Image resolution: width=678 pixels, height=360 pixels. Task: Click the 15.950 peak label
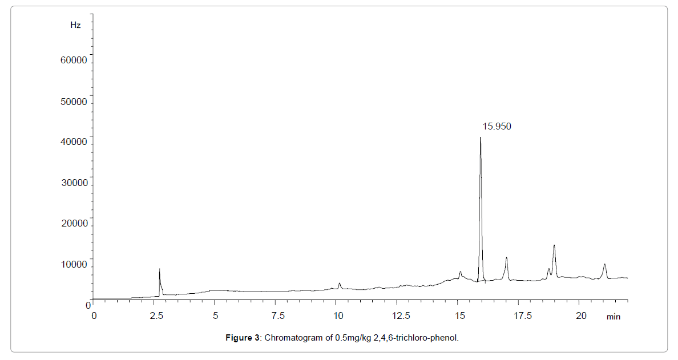click(x=497, y=127)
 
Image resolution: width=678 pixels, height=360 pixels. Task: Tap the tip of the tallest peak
click(x=481, y=137)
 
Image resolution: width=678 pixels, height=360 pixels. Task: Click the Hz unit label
click(x=75, y=25)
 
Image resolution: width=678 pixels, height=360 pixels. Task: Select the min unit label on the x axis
click(x=614, y=317)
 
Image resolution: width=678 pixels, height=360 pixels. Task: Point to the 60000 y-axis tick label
click(x=74, y=60)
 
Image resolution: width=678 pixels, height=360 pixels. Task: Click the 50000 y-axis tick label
click(x=74, y=102)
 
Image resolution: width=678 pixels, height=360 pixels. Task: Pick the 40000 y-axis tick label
click(x=74, y=142)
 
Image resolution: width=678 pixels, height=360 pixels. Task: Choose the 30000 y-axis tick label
click(x=74, y=183)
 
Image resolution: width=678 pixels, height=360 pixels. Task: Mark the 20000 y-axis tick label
click(x=74, y=224)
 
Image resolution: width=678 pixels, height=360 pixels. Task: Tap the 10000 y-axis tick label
click(x=74, y=265)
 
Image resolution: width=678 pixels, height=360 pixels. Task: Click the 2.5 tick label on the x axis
click(x=154, y=316)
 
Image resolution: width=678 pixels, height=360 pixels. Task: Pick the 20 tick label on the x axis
click(x=581, y=316)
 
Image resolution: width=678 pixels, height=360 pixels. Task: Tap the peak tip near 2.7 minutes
click(x=159, y=269)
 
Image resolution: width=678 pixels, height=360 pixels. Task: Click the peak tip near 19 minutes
click(x=554, y=245)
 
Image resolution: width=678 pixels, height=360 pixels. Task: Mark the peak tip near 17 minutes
click(x=506, y=257)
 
